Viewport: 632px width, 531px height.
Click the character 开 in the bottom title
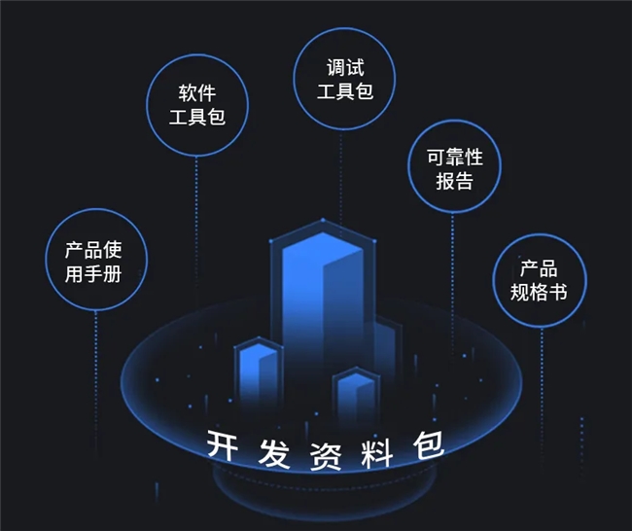click(223, 445)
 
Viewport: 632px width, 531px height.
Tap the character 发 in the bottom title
click(274, 453)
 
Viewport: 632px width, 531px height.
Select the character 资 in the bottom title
click(326, 456)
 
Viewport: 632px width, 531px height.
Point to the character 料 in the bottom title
click(377, 453)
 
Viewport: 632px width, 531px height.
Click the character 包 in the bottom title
click(429, 444)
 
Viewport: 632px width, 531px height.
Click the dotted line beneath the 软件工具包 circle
click(196, 233)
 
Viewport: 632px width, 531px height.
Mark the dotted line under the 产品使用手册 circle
click(96, 383)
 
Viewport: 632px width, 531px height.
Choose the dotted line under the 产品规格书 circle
click(542, 395)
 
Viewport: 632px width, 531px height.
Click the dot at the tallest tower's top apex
click(323, 220)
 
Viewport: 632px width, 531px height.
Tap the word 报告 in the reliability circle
click(454, 181)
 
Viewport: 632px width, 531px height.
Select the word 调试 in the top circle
click(345, 68)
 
